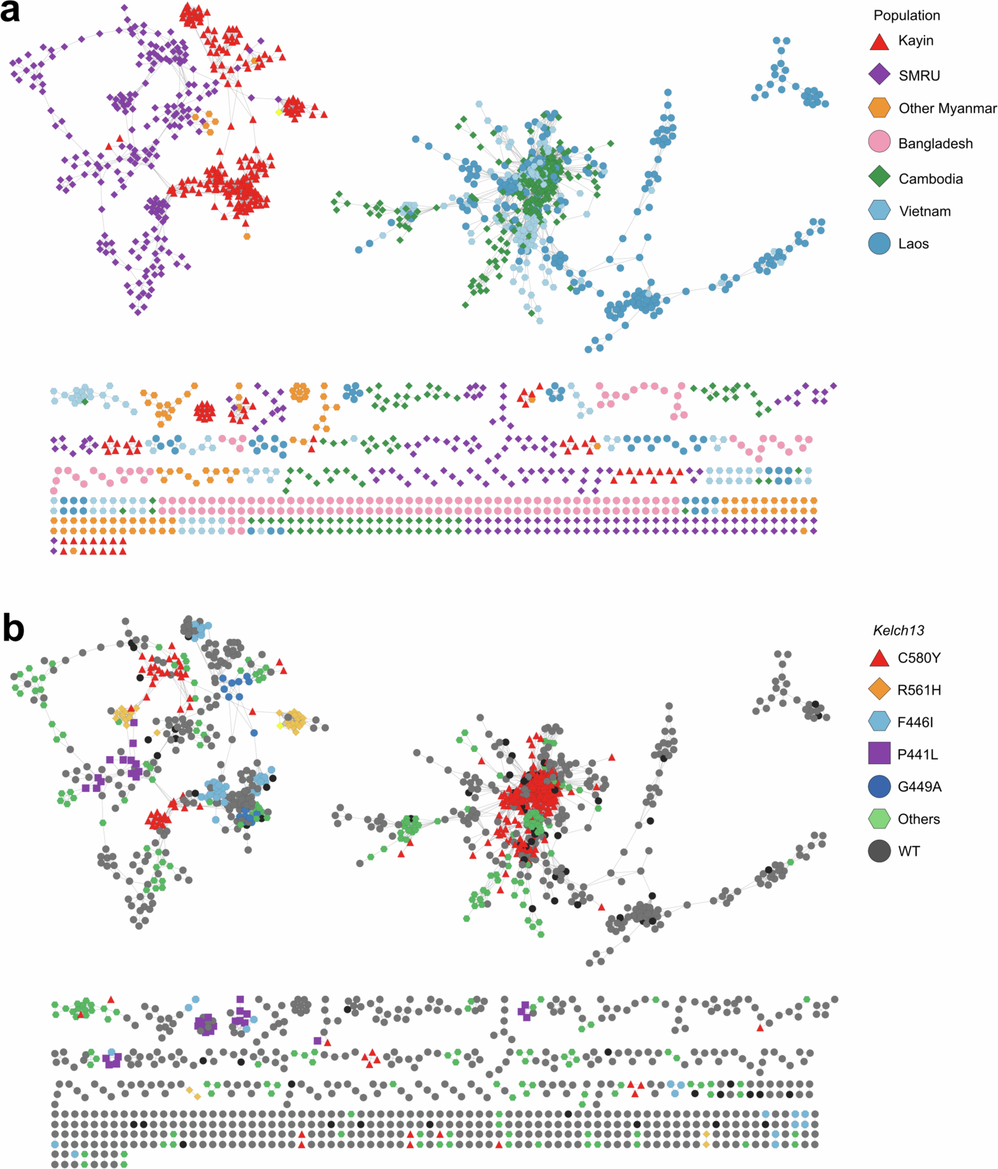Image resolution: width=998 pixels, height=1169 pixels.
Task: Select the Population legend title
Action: pyautogui.click(x=907, y=15)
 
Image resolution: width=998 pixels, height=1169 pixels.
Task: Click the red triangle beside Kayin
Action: pyautogui.click(x=879, y=42)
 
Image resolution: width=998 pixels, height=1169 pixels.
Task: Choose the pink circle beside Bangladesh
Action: pyautogui.click(x=879, y=142)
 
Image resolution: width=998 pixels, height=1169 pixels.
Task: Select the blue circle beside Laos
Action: pyautogui.click(x=879, y=243)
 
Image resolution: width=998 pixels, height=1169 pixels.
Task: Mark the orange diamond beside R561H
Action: pyautogui.click(x=879, y=689)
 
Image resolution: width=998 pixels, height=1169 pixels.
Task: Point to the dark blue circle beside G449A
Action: pyautogui.click(x=879, y=786)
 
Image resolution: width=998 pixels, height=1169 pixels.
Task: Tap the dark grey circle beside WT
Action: pyautogui.click(x=879, y=851)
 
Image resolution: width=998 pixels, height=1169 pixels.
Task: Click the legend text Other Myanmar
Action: pyautogui.click(x=947, y=108)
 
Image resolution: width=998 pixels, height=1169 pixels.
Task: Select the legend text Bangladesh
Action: pyautogui.click(x=935, y=143)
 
